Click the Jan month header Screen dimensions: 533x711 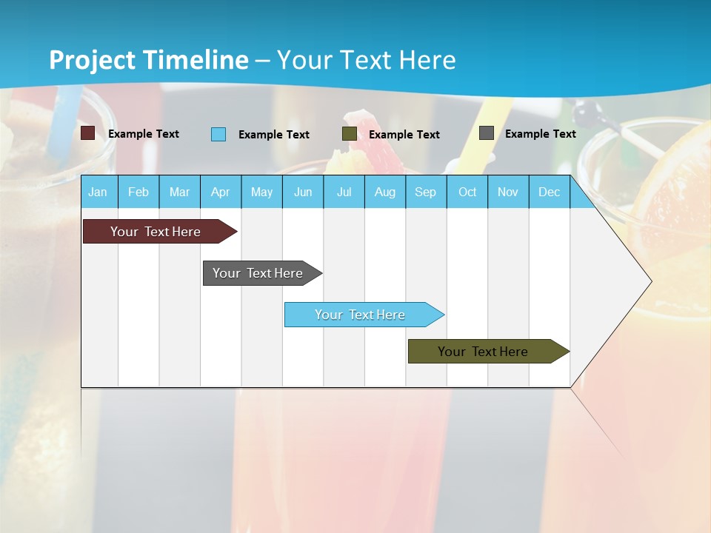[98, 192]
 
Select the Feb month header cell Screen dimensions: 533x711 [138, 192]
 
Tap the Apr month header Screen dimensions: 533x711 [221, 192]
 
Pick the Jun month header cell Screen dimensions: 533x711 [303, 192]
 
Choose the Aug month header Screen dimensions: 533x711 [385, 192]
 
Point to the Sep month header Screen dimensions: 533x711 [426, 192]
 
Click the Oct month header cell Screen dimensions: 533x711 [467, 192]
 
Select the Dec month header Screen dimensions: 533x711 [550, 192]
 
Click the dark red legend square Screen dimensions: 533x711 [88, 133]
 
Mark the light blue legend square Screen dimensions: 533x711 [218, 134]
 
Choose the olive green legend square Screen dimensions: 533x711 [350, 134]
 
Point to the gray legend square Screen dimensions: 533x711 [487, 133]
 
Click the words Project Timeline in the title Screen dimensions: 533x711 [149, 60]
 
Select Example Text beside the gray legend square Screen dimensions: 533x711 [540, 134]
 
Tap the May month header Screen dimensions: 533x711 [261, 192]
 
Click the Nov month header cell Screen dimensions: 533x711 [508, 192]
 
